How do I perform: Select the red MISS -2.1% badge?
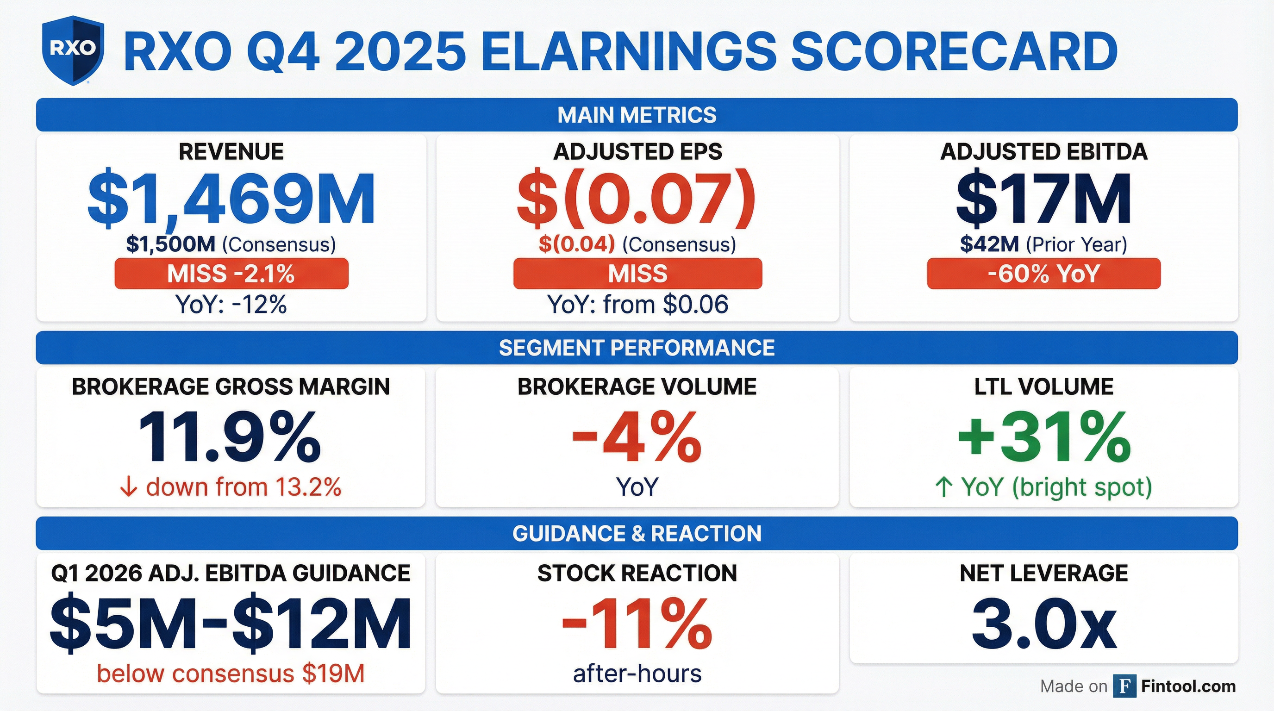tap(231, 274)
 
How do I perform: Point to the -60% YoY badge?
tap(1043, 274)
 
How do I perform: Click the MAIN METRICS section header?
tap(637, 115)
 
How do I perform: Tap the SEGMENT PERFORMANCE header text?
tap(637, 348)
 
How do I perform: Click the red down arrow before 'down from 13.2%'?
tap(129, 488)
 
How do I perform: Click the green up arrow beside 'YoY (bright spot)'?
tap(943, 487)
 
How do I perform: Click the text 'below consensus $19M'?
tap(231, 674)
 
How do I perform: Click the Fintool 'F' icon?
tap(1124, 686)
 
